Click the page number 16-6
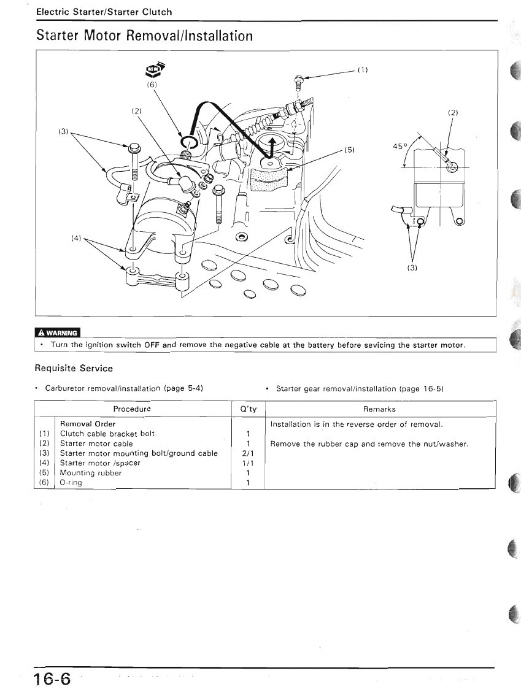(53, 679)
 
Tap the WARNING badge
(58, 333)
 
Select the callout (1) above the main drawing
(362, 69)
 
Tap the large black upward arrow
(271, 147)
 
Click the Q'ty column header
(247, 409)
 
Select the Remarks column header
(379, 409)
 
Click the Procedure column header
(132, 409)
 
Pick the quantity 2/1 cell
(247, 453)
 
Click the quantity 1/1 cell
(247, 463)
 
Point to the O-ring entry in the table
(71, 483)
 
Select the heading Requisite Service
(74, 369)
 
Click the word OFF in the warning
(152, 345)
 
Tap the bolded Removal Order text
(88, 424)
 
